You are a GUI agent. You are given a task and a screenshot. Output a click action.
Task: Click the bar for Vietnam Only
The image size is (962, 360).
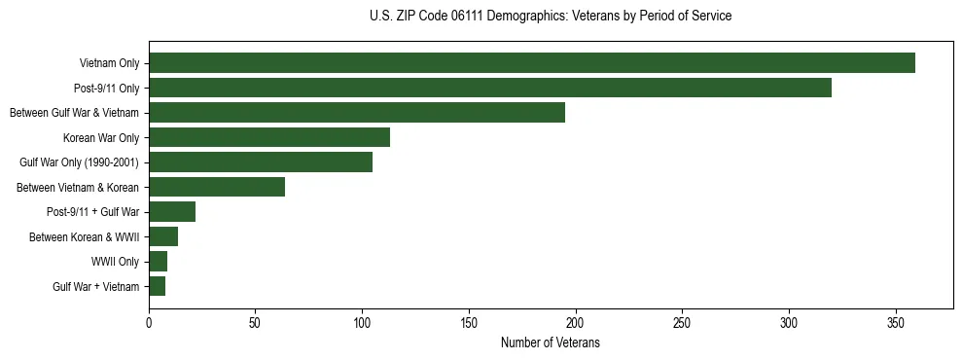pos(531,63)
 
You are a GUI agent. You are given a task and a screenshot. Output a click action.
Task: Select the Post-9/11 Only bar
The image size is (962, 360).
pos(489,88)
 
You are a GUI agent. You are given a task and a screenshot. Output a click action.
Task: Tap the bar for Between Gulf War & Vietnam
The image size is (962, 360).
pos(356,113)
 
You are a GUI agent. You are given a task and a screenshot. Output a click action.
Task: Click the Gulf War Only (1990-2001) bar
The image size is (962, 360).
pos(260,162)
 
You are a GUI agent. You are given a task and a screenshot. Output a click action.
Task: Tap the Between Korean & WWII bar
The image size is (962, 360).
pos(162,236)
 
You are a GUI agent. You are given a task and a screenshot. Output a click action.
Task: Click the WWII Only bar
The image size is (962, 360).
pos(158,262)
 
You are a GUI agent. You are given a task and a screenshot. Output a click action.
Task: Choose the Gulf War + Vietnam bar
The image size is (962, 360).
pos(157,286)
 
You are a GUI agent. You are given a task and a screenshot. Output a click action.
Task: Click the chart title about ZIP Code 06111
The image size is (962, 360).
pos(551,17)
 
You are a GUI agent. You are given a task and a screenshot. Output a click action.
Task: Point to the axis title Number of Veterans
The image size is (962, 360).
pos(550,343)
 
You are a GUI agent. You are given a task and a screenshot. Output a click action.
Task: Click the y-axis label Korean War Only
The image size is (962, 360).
pos(101,138)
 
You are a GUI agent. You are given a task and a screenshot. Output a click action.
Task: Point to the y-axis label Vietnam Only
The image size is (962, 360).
pos(109,63)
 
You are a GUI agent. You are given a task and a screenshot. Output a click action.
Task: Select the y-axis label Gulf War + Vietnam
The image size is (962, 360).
pos(96,287)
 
